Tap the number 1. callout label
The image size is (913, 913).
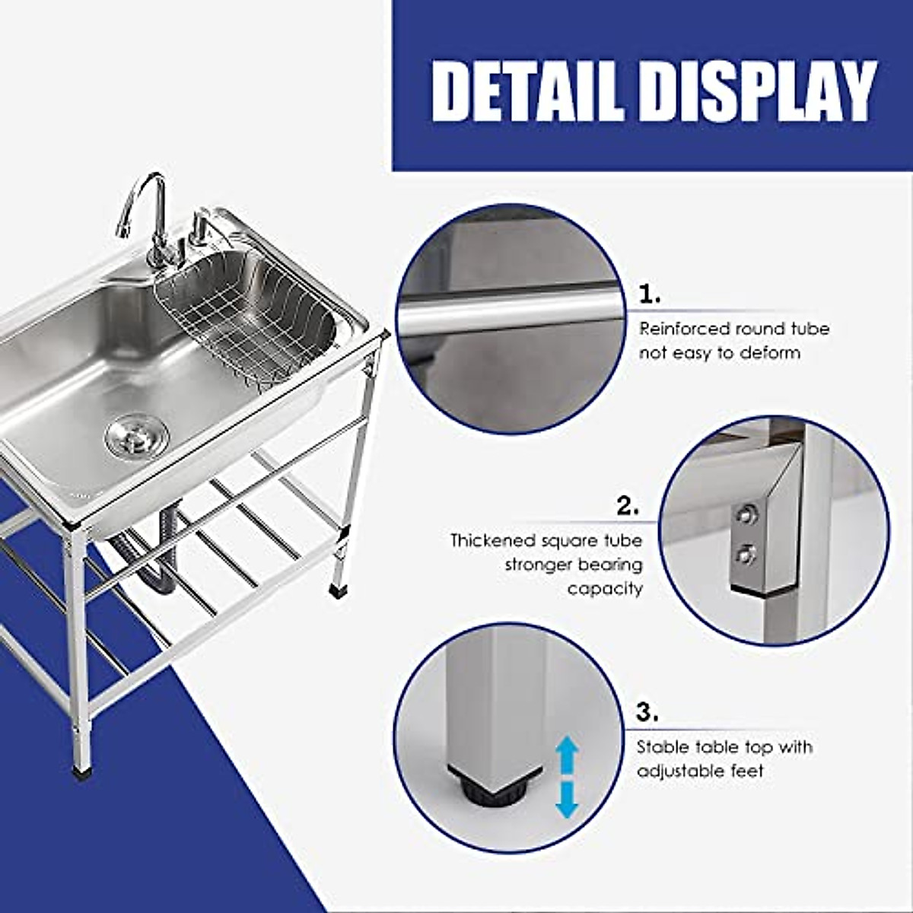pyautogui.click(x=649, y=295)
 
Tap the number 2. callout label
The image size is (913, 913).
pyautogui.click(x=628, y=507)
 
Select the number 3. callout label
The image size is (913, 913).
pyautogui.click(x=647, y=714)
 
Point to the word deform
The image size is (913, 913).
pyautogui.click(x=765, y=353)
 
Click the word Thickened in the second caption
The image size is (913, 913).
pyautogui.click(x=493, y=541)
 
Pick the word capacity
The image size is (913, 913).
pyautogui.click(x=605, y=589)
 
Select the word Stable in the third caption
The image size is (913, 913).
pyautogui.click(x=662, y=747)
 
